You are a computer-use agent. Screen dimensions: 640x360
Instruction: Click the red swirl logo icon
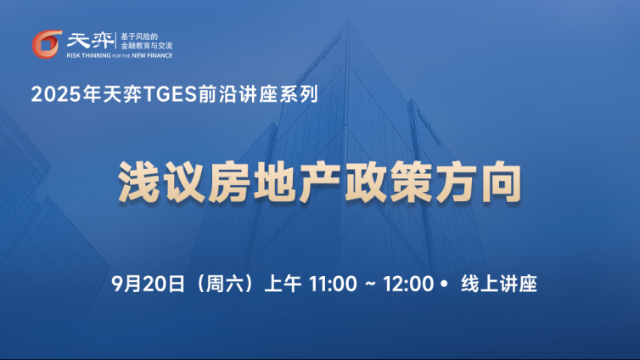tap(47, 44)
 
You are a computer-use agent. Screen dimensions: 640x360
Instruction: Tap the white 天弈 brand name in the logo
tap(90, 41)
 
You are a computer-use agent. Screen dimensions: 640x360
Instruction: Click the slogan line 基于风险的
tap(138, 37)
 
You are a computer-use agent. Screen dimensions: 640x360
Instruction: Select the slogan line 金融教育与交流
tap(147, 46)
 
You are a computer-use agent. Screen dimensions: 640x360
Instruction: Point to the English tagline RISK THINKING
tap(88, 55)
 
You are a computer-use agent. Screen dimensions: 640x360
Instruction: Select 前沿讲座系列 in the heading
tap(258, 94)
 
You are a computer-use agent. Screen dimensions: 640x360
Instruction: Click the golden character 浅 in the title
tap(138, 182)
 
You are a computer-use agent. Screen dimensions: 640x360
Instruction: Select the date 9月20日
tap(148, 284)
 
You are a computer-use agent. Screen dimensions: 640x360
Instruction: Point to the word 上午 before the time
tap(283, 284)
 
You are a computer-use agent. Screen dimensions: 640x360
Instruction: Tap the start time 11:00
tap(333, 284)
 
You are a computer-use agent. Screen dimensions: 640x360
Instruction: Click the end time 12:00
tap(408, 284)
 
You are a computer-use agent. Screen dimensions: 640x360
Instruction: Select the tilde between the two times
tap(370, 284)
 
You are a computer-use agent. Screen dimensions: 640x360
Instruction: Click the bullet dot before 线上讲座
tap(445, 284)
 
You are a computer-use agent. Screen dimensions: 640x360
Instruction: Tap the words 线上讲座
tap(499, 284)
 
